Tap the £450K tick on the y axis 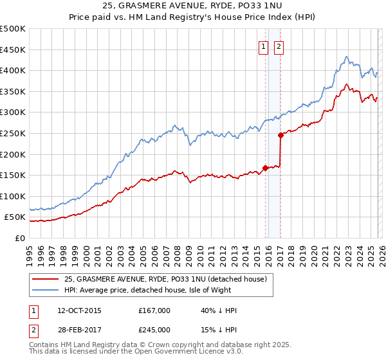point(13,50)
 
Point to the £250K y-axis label point(13,133)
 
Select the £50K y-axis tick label point(15,217)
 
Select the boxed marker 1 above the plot point(264,46)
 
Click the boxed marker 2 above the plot point(279,46)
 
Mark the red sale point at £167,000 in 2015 point(265,168)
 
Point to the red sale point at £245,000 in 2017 point(281,135)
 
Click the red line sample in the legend point(46,278)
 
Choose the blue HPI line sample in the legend point(46,289)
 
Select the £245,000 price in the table point(154,330)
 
